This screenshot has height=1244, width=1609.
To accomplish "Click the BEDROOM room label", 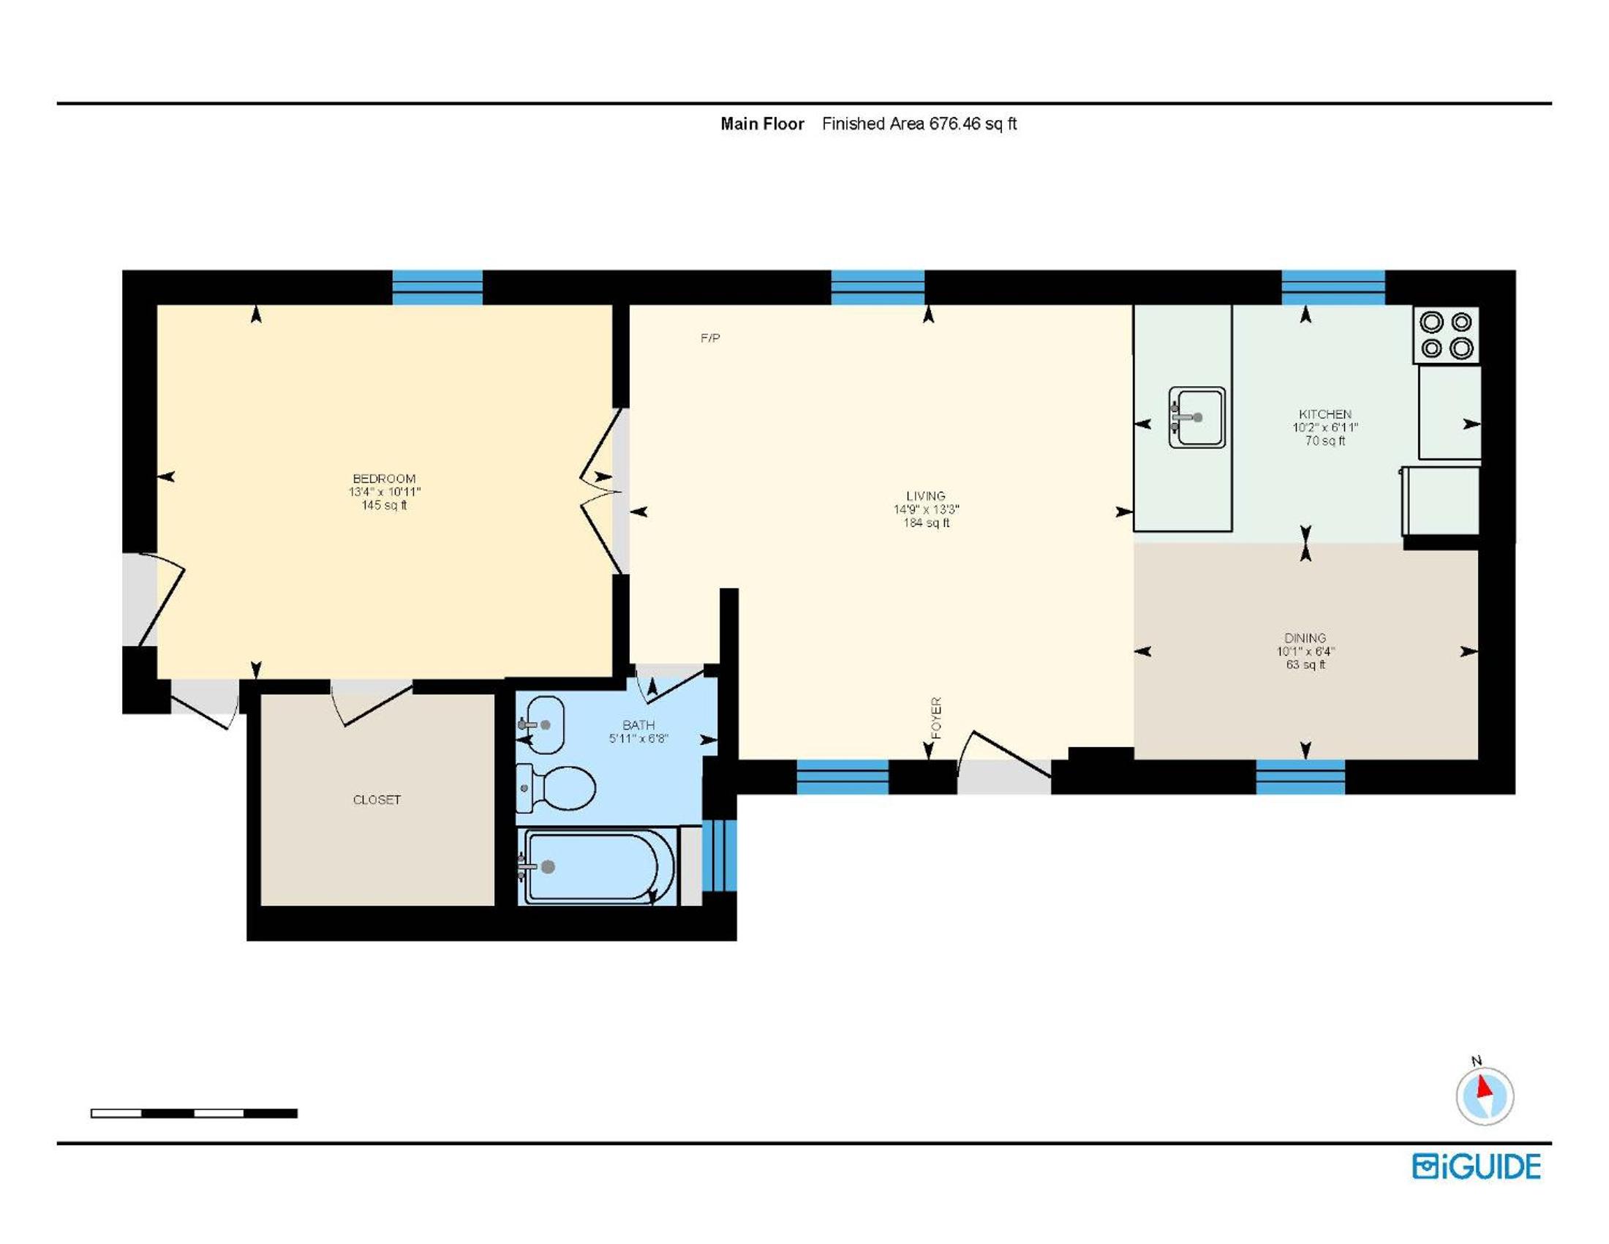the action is (x=384, y=479).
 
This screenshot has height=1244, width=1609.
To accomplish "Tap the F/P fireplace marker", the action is (x=710, y=338).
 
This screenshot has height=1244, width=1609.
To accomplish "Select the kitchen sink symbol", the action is (x=1197, y=417).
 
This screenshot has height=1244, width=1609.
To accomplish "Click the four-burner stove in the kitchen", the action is (x=1446, y=334).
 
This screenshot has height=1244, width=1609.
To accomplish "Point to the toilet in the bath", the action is (x=557, y=787).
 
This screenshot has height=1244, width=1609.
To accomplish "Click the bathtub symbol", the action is (x=597, y=866).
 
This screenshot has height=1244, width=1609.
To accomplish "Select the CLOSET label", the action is (x=377, y=800).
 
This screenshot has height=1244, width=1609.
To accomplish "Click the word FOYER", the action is (x=936, y=718).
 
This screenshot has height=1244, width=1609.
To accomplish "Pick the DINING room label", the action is (x=1305, y=637).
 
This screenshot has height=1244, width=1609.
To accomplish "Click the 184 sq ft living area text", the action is (x=926, y=523).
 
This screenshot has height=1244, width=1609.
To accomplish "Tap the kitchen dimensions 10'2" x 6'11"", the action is (x=1325, y=427).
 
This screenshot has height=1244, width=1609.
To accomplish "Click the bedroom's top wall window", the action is (x=437, y=288).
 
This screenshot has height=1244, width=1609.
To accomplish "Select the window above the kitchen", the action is (x=1333, y=288).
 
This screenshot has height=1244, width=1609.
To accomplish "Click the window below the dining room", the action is (x=1300, y=776).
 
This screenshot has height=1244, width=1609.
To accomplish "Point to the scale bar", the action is (x=194, y=1114).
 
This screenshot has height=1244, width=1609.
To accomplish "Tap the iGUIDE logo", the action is (x=1477, y=1166).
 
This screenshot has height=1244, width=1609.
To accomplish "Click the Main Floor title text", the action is (x=763, y=124).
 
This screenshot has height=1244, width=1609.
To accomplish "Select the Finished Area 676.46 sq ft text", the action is (x=919, y=124).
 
